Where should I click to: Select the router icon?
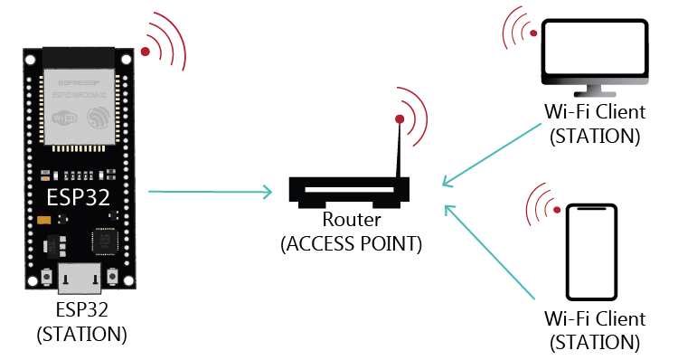347,191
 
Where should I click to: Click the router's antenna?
398,149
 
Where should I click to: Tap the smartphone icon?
591,252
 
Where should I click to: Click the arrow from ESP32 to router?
209,191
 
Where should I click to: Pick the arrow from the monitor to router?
493,155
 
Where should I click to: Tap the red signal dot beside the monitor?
534,33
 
